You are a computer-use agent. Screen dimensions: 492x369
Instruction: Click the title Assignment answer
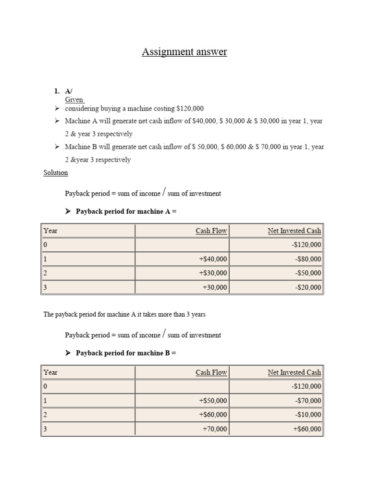tap(184, 51)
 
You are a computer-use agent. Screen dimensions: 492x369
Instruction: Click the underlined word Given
tap(74, 100)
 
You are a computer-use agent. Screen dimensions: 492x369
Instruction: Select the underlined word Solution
tap(56, 172)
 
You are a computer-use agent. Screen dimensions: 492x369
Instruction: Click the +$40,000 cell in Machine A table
tap(213, 259)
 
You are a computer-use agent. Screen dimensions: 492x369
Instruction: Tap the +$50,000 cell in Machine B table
tap(213, 401)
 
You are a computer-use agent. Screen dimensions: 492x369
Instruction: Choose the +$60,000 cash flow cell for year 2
tap(213, 415)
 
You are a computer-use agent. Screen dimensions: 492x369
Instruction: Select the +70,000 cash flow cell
tap(215, 429)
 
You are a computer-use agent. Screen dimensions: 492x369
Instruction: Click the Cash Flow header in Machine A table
tap(211, 231)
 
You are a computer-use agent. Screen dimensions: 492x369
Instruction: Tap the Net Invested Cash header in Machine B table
tap(294, 372)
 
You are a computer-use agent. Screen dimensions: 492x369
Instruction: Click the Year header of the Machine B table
tap(50, 372)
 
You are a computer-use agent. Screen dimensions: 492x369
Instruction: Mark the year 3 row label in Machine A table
tap(46, 287)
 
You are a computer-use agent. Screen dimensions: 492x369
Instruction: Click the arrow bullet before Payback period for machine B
tap(68, 353)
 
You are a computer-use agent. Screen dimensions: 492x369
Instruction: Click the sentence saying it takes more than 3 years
tap(124, 315)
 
